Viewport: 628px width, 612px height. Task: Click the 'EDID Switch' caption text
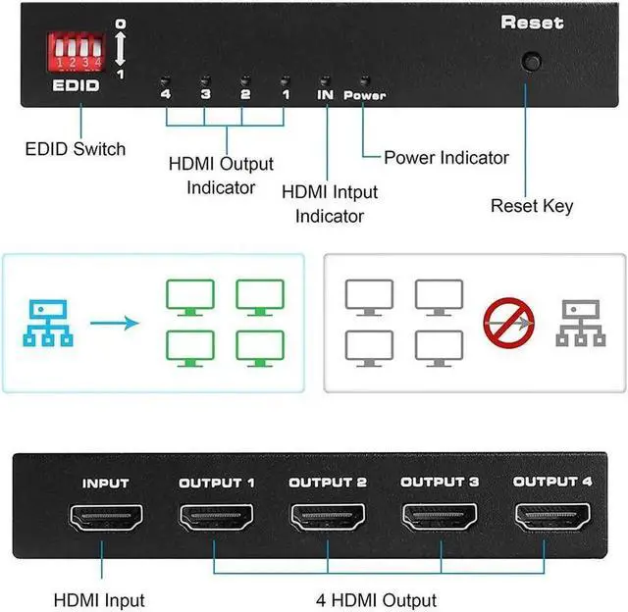(x=76, y=149)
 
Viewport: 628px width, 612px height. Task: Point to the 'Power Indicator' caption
(x=446, y=157)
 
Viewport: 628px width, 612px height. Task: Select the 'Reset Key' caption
(x=532, y=206)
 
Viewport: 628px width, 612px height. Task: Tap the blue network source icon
(x=46, y=321)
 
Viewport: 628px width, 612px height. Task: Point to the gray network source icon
(x=579, y=321)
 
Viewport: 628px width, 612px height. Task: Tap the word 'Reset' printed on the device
(x=533, y=22)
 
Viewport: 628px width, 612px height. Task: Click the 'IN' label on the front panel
(x=326, y=95)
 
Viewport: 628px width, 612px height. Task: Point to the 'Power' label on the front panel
(x=364, y=96)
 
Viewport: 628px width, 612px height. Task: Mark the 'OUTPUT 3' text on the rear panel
(x=439, y=482)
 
